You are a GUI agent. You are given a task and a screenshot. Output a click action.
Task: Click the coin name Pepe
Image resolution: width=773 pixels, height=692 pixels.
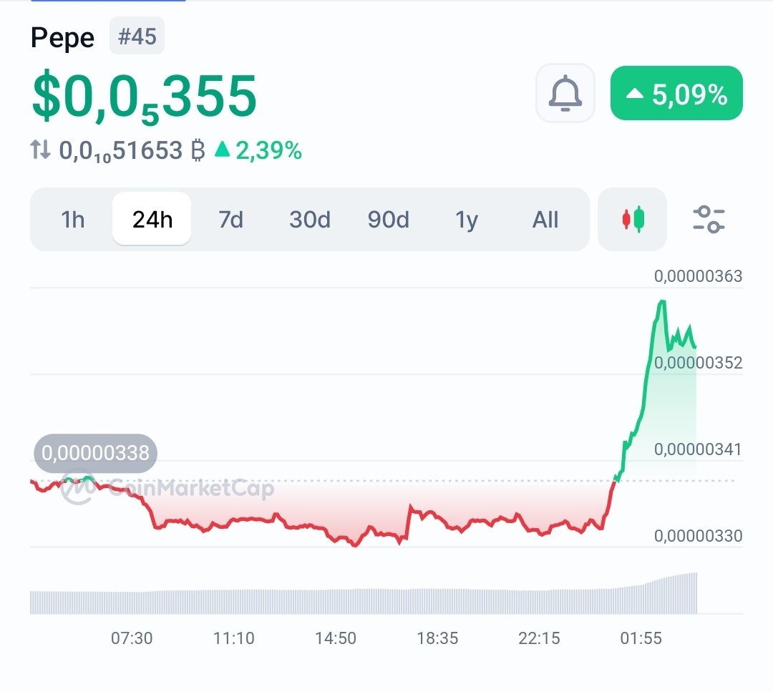(x=62, y=38)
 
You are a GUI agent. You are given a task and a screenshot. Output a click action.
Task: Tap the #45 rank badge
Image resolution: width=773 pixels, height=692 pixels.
(x=137, y=36)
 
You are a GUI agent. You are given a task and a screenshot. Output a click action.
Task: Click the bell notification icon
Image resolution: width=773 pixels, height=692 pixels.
(x=565, y=93)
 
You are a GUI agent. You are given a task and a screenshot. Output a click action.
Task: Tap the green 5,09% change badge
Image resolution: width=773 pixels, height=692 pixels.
(x=676, y=94)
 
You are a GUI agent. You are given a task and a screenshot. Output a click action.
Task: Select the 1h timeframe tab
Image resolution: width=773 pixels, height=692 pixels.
(x=73, y=220)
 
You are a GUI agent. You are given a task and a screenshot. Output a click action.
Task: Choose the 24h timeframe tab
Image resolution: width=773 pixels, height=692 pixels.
(x=152, y=220)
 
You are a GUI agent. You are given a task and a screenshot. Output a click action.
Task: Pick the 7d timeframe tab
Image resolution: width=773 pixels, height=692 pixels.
(x=230, y=220)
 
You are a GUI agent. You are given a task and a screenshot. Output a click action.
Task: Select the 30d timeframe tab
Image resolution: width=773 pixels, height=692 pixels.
(x=309, y=220)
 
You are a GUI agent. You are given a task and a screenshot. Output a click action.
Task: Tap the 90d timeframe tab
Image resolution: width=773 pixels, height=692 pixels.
(x=388, y=220)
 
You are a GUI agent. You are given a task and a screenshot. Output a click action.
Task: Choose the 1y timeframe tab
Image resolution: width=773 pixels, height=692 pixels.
(x=467, y=220)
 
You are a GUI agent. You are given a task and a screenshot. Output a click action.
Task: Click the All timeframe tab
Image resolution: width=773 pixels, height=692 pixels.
(x=545, y=220)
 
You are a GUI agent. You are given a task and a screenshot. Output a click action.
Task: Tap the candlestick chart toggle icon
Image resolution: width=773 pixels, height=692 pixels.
(x=632, y=219)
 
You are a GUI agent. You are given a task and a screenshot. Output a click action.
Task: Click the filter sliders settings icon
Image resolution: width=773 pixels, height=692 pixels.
(x=709, y=219)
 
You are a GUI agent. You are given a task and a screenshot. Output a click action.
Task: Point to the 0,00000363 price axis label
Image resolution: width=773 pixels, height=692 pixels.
(x=698, y=276)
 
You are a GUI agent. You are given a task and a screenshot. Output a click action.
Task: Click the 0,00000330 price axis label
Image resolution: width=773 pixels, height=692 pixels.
(x=698, y=535)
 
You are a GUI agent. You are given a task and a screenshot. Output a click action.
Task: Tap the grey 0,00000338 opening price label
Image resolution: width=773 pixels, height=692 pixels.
(x=95, y=453)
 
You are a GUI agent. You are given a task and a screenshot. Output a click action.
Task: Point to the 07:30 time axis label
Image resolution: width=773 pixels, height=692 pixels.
(x=132, y=638)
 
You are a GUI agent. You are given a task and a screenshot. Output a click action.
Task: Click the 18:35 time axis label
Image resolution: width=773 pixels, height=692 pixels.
(x=437, y=638)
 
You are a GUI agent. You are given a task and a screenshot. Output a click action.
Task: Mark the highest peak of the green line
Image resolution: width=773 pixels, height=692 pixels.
(x=661, y=301)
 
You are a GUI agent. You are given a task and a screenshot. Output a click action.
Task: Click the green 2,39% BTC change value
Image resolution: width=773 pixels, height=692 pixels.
(x=268, y=150)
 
